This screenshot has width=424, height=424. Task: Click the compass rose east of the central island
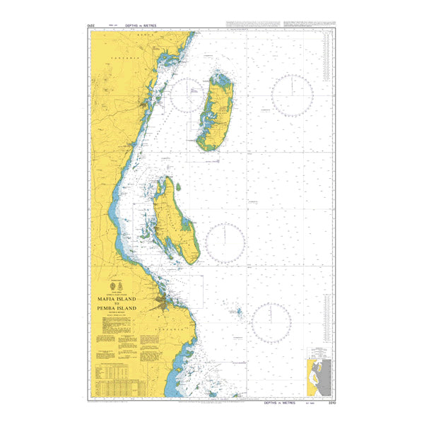click(225, 243)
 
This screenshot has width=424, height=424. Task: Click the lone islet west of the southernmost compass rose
click(238, 311)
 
